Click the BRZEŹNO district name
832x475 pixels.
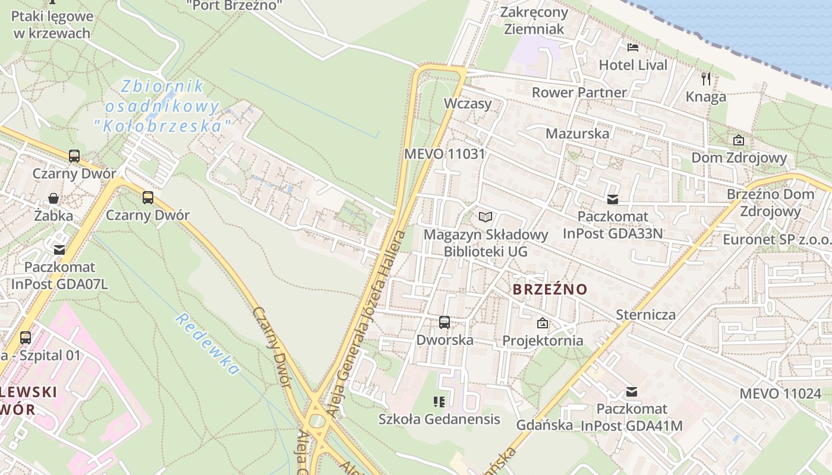click(550, 290)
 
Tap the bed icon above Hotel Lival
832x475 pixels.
click(633, 47)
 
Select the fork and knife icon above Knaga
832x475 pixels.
click(706, 78)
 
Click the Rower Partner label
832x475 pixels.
click(579, 92)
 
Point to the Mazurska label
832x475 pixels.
click(577, 133)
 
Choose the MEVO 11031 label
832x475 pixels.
click(445, 154)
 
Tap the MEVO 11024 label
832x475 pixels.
click(780, 393)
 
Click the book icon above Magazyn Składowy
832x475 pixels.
click(486, 217)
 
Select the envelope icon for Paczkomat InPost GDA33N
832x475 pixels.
click(612, 199)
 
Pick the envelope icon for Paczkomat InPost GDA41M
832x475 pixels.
click(632, 392)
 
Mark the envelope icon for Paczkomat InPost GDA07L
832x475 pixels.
click(59, 250)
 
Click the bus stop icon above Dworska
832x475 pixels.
click(445, 322)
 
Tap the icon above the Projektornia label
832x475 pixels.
click(542, 324)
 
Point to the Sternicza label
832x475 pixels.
click(646, 314)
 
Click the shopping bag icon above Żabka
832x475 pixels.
click(53, 198)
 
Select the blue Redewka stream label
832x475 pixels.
click(207, 344)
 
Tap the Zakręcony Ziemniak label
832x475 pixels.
click(534, 20)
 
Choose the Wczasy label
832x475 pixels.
click(468, 104)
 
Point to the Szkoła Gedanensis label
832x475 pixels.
click(439, 419)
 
